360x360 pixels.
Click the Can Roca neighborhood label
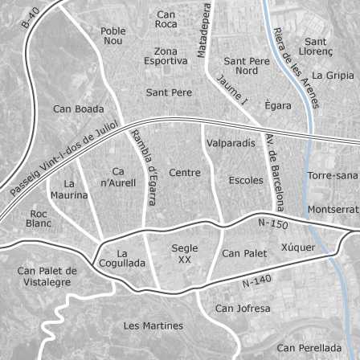pyautogui.click(x=166, y=19)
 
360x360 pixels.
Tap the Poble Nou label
pyautogui.click(x=113, y=35)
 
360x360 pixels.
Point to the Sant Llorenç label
pyautogui.click(x=311, y=45)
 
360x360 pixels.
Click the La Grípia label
pyautogui.click(x=331, y=76)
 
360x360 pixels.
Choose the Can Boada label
pyautogui.click(x=78, y=108)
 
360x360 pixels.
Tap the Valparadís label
pyautogui.click(x=231, y=143)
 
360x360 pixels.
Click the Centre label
pyautogui.click(x=185, y=173)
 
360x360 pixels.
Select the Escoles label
pyautogui.click(x=245, y=180)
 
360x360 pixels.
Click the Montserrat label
pyautogui.click(x=333, y=209)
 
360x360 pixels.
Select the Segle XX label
pyautogui.click(x=185, y=254)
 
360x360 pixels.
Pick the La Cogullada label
pyautogui.click(x=123, y=258)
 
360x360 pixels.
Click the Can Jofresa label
pyautogui.click(x=243, y=309)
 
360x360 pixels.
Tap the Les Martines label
pyautogui.click(x=153, y=326)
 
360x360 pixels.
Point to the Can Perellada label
pyautogui.click(x=309, y=348)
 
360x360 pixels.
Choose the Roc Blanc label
pyautogui.click(x=38, y=219)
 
